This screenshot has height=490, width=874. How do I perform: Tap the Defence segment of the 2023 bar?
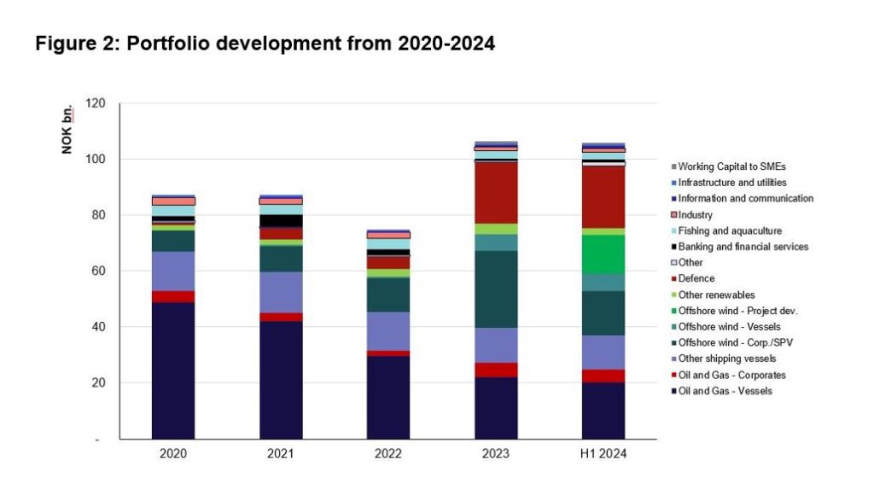tap(496, 192)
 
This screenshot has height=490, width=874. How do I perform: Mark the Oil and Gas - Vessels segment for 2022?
tap(388, 397)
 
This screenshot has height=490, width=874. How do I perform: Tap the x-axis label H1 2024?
tap(603, 454)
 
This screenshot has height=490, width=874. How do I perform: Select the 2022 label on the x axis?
tap(388, 454)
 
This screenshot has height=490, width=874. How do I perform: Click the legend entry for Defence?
tap(696, 278)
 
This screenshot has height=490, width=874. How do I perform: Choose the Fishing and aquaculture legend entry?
tap(729, 230)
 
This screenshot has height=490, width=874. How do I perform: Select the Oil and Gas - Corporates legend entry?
tap(731, 375)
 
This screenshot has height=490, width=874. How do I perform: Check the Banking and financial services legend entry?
tap(743, 247)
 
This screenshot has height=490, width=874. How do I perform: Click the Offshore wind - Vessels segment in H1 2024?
tap(603, 283)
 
